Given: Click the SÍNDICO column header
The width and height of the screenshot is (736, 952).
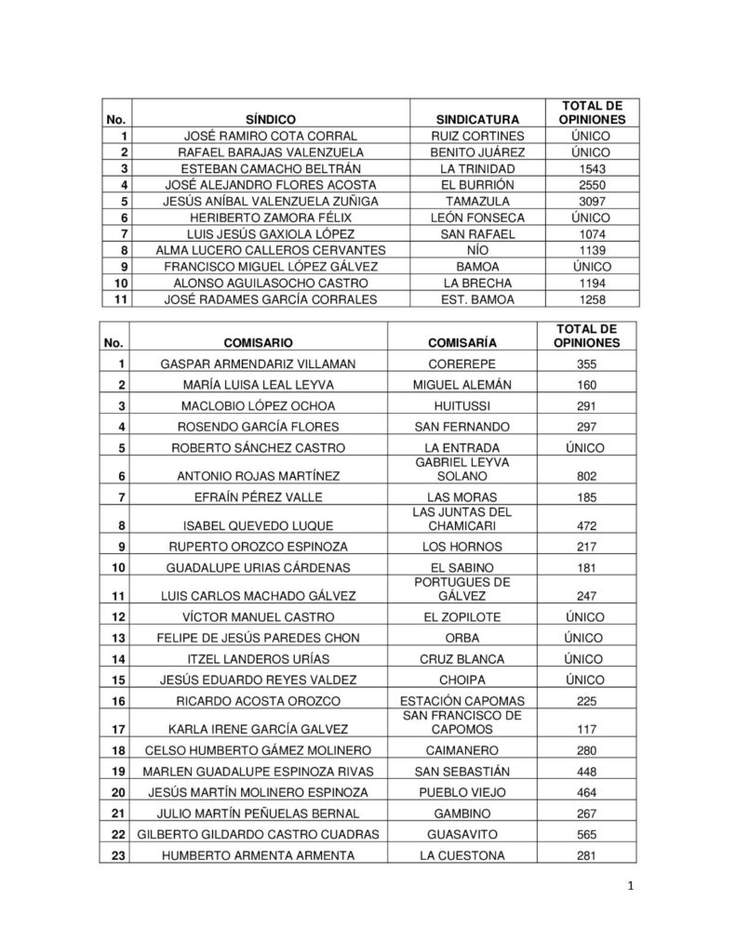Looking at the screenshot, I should click(270, 120).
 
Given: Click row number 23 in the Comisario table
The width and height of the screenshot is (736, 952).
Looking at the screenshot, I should click(117, 855).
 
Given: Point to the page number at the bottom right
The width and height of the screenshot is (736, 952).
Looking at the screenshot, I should click(630, 887).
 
